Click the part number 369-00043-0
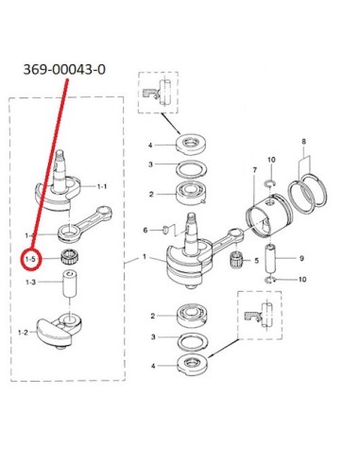point(64,69)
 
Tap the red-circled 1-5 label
point(31,259)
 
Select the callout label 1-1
point(102,186)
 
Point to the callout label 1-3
point(30,282)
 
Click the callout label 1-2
point(23,332)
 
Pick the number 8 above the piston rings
point(303,142)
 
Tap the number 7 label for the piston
point(255,170)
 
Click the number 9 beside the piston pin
point(301,258)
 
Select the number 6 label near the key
point(146,231)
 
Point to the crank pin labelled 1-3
point(69,284)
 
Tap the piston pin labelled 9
point(270,258)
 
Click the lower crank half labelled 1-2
point(60,331)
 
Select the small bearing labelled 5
point(237,259)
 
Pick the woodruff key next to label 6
point(164,230)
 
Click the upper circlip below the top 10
point(270,183)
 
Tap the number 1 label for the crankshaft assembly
point(145,257)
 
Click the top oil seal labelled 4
point(192,144)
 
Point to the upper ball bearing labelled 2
point(192,193)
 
